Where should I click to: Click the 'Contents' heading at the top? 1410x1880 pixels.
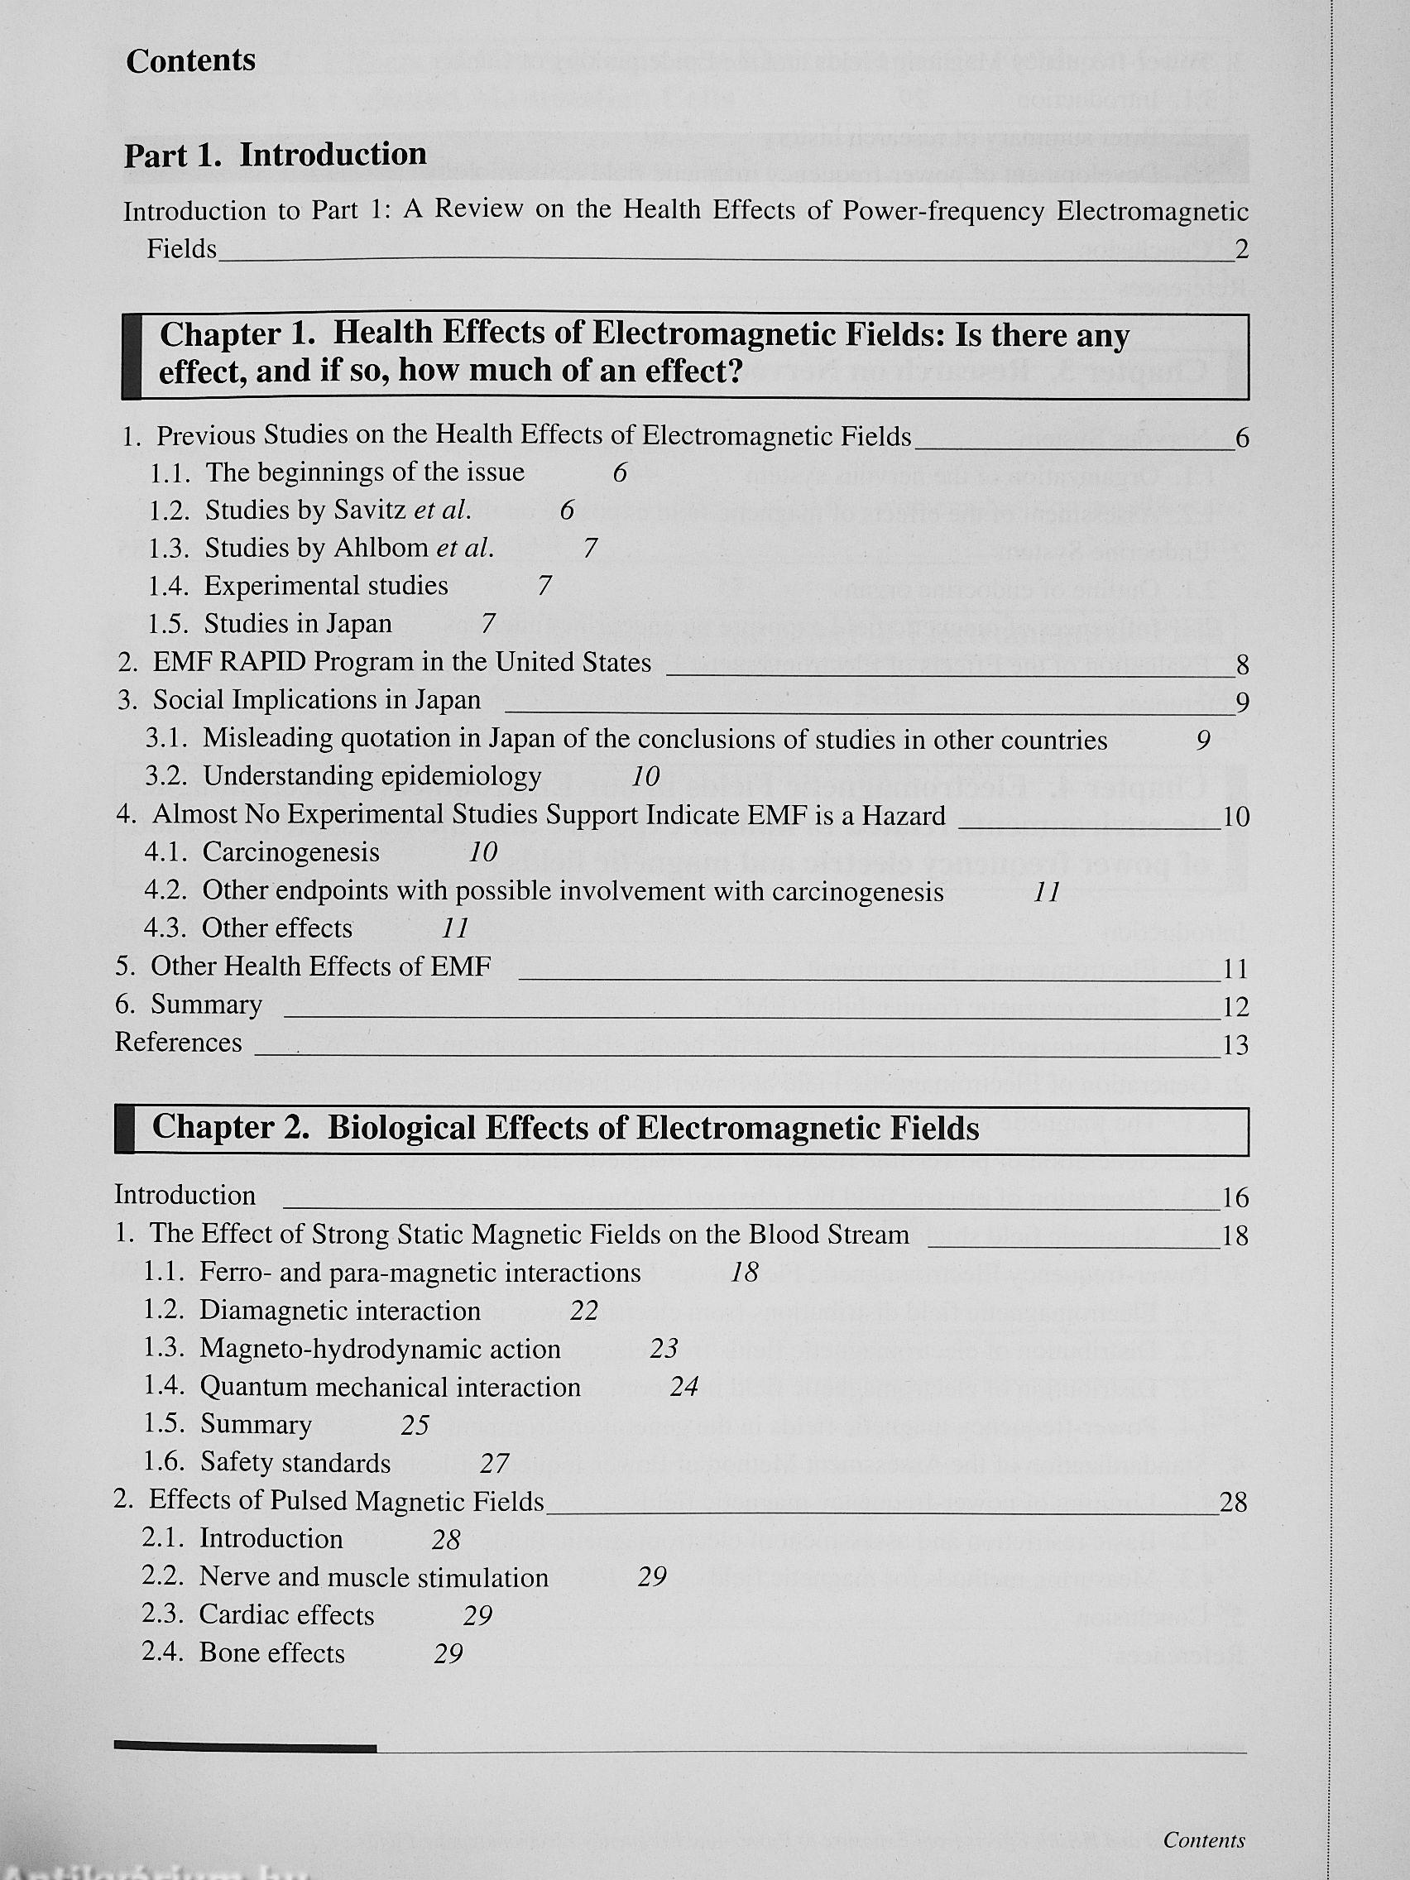tap(190, 61)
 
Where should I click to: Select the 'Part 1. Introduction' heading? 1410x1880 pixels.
tap(276, 155)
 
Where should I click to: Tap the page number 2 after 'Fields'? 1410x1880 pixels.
tap(1242, 250)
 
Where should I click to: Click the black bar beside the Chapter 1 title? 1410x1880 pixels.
tap(131, 356)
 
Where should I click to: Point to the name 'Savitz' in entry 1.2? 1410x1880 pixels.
tap(371, 510)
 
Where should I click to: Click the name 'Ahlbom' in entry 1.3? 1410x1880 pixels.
tap(381, 548)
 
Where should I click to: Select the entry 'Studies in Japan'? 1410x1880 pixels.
tap(297, 624)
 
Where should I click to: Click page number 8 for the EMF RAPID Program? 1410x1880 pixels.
tap(1243, 665)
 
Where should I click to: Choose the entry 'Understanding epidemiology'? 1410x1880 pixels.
tap(372, 776)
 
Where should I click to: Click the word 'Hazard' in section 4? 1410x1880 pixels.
tap(904, 816)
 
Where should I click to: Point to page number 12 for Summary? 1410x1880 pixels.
tap(1235, 1007)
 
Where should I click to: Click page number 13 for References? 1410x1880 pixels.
tap(1235, 1045)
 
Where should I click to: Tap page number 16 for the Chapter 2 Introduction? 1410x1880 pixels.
tap(1235, 1198)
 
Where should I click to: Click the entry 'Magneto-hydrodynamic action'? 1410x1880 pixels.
tap(380, 1349)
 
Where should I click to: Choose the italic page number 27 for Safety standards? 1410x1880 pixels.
tap(495, 1464)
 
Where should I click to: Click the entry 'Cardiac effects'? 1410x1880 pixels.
tap(286, 1615)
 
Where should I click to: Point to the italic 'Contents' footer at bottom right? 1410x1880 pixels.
tap(1203, 1840)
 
